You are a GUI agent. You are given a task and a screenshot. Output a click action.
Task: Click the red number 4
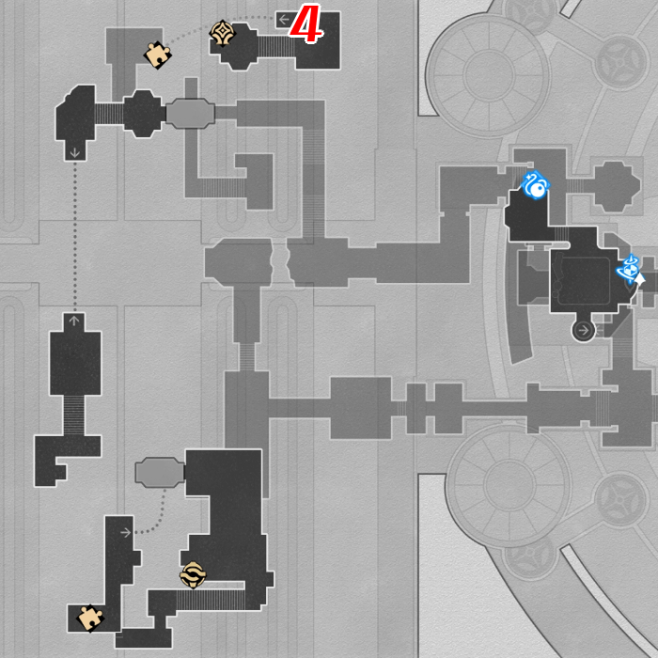306,24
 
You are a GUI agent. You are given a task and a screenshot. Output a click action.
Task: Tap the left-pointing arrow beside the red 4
284,20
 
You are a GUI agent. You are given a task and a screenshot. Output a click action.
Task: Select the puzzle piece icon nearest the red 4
157,55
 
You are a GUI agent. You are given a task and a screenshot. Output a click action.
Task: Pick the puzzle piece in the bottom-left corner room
90,618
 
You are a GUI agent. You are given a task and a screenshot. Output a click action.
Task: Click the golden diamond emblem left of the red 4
222,33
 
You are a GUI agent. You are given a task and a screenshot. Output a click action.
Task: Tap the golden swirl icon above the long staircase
193,575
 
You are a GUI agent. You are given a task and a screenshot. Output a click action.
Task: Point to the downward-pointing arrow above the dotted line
74,152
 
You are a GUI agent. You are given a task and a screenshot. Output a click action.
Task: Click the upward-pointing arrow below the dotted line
74,321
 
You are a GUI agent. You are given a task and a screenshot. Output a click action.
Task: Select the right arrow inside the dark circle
584,330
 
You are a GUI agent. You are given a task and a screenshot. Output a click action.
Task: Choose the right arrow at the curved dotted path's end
125,533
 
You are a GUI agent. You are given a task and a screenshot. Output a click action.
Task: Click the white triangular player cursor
639,279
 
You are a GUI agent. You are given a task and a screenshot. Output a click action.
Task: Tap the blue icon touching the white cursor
628,268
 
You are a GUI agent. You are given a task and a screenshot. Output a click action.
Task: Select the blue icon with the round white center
535,185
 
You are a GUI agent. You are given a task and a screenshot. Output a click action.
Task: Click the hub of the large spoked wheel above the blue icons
489,75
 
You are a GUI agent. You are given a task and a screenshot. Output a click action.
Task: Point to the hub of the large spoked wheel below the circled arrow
509,485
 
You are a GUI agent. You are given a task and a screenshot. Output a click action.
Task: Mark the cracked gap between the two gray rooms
279,262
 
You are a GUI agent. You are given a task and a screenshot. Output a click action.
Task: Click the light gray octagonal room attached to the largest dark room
160,473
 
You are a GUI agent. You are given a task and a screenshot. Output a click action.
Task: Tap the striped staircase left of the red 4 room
276,47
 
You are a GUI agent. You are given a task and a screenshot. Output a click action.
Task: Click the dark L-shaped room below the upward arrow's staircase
67,461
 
